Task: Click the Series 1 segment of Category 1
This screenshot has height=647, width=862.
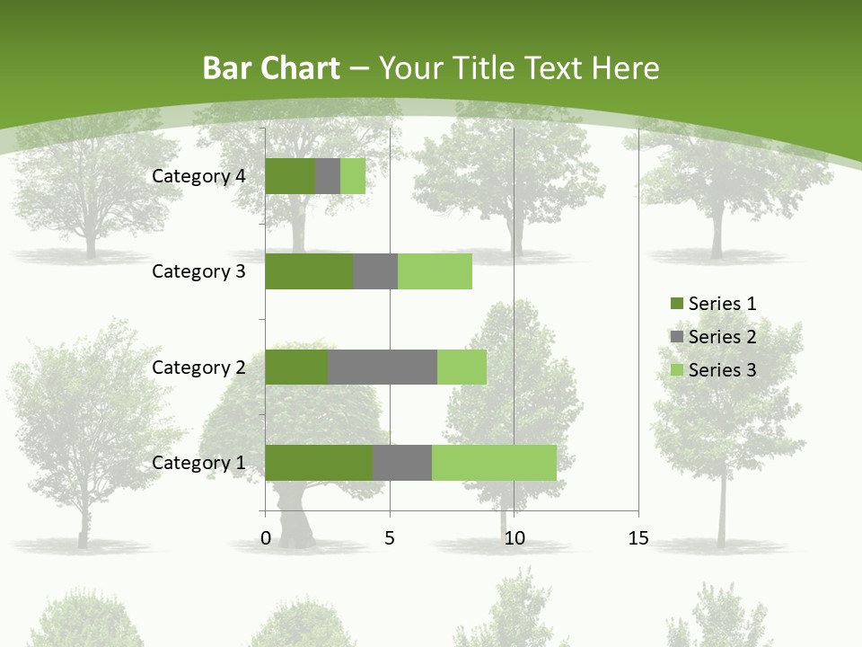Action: point(319,463)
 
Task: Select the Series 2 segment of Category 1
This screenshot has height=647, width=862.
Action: point(402,463)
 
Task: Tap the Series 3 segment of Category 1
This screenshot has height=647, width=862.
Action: point(494,463)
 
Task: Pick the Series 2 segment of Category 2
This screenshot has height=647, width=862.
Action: point(383,367)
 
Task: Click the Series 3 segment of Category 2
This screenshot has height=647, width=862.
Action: point(462,367)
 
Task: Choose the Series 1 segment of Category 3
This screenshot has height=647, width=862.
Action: point(309,271)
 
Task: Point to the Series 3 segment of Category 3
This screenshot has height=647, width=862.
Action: point(435,271)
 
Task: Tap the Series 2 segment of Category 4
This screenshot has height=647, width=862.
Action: point(328,176)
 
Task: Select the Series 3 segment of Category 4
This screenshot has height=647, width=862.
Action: point(353,176)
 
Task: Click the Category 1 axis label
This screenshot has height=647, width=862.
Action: point(198,463)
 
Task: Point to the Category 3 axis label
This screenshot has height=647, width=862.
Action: point(198,271)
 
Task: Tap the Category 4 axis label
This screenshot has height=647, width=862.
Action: point(198,176)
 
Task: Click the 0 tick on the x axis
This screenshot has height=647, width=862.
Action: point(266,538)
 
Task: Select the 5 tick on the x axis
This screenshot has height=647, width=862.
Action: point(390,538)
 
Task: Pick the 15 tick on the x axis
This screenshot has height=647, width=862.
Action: point(638,538)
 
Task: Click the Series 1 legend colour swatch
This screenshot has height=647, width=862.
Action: point(676,304)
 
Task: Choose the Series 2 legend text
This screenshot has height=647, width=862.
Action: point(722,337)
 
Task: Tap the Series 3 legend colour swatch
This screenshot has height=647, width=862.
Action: point(676,370)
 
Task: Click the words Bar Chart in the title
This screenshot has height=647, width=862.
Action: point(271,68)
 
